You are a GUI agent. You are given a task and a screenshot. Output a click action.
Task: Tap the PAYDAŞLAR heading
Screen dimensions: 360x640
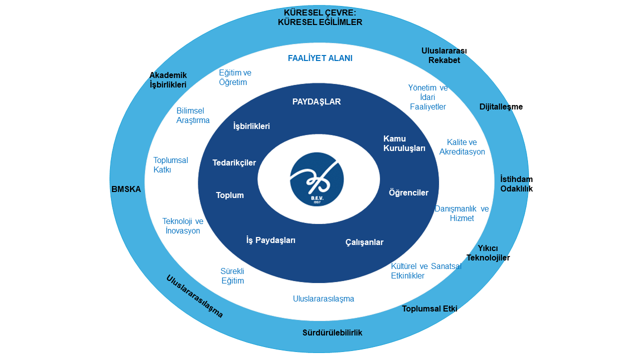[x=316, y=101]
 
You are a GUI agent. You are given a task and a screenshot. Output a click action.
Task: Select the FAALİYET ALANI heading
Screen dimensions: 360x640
[x=320, y=58]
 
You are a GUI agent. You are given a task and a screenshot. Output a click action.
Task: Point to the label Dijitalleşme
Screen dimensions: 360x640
[x=501, y=106]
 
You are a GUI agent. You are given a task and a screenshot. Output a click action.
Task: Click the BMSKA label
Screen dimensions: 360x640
[x=126, y=189]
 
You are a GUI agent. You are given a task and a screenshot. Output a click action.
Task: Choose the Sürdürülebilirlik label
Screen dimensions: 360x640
[x=332, y=332]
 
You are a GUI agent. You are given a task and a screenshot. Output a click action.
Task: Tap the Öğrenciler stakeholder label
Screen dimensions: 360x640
[x=408, y=192]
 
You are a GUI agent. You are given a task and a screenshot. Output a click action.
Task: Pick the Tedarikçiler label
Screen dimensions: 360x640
[x=234, y=162]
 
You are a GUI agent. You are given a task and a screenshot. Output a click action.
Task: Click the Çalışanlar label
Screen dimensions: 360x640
[x=364, y=242]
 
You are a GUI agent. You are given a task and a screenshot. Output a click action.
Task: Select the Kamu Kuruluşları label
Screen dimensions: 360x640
[x=404, y=143]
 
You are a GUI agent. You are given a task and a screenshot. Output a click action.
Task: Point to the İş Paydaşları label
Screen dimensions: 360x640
[x=271, y=240]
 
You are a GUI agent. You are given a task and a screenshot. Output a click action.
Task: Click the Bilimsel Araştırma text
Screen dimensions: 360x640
[x=193, y=115]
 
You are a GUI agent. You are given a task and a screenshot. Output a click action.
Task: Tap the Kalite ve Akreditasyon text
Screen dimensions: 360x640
[x=462, y=147]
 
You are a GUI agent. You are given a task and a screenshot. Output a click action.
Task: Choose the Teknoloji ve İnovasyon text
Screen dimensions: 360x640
[x=182, y=226]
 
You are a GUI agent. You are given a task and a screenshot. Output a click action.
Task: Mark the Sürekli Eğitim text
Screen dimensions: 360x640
[x=232, y=276]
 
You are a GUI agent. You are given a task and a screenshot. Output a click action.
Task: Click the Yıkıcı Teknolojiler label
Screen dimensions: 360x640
[x=488, y=253]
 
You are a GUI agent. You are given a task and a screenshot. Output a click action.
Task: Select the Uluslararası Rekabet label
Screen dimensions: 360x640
[x=444, y=55]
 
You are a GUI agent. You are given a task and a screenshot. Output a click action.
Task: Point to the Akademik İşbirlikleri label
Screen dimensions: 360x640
[x=168, y=80]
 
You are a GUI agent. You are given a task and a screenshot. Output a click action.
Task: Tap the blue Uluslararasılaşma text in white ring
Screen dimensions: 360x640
[x=323, y=299]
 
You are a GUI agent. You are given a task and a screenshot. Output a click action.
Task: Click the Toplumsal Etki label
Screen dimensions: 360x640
[x=429, y=308]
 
